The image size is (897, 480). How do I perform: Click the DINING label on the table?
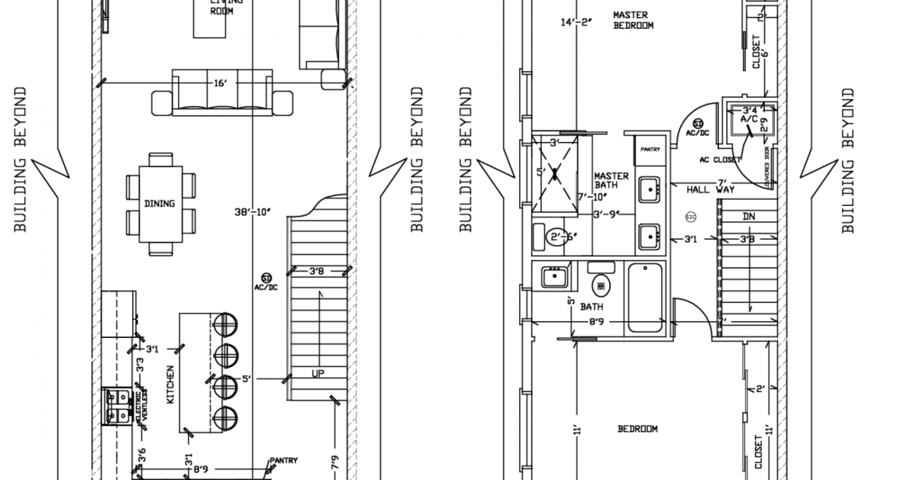tap(160, 204)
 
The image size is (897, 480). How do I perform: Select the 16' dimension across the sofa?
tap(221, 82)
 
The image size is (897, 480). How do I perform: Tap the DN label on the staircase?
tap(749, 216)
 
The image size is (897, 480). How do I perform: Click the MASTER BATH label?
tap(611, 180)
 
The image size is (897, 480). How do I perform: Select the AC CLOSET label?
tap(720, 160)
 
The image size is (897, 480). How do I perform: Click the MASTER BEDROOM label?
tap(633, 20)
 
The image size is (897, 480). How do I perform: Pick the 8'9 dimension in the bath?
tap(597, 323)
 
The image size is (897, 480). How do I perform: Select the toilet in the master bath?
tap(557, 236)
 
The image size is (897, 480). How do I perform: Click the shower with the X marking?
tap(563, 172)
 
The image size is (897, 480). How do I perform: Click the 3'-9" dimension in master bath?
tap(607, 214)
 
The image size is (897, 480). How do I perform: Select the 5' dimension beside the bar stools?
tap(246, 378)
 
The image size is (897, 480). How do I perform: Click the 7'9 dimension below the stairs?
tap(334, 462)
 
